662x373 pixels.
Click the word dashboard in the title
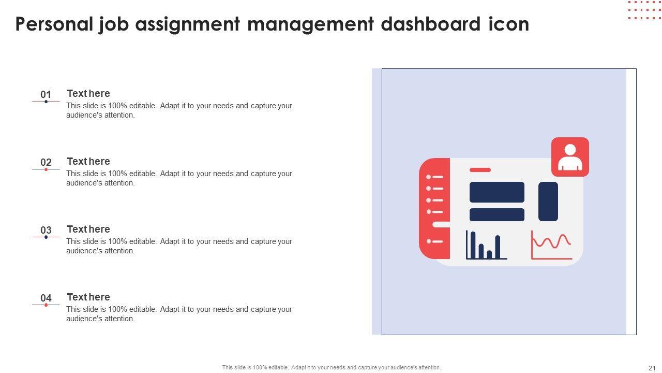tap(431, 24)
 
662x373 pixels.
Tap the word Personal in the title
tap(54, 24)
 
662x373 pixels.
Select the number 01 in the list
tap(46, 94)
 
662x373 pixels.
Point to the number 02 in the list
tap(46, 162)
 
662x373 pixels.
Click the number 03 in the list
tap(46, 230)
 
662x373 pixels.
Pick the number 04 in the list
tap(46, 298)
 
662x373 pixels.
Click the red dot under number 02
tap(46, 169)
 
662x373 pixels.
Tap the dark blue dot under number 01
tap(46, 102)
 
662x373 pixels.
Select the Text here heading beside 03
tap(88, 229)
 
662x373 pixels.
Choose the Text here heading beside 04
tap(88, 297)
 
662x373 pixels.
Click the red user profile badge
tap(570, 157)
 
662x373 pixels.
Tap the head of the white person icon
tap(570, 150)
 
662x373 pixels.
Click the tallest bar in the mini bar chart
tap(473, 245)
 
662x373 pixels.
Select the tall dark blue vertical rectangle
tap(548, 202)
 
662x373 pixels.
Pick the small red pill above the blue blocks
tap(480, 170)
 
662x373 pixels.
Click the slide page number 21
tap(652, 368)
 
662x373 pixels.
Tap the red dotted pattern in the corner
tap(644, 10)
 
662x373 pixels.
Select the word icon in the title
tap(509, 24)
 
